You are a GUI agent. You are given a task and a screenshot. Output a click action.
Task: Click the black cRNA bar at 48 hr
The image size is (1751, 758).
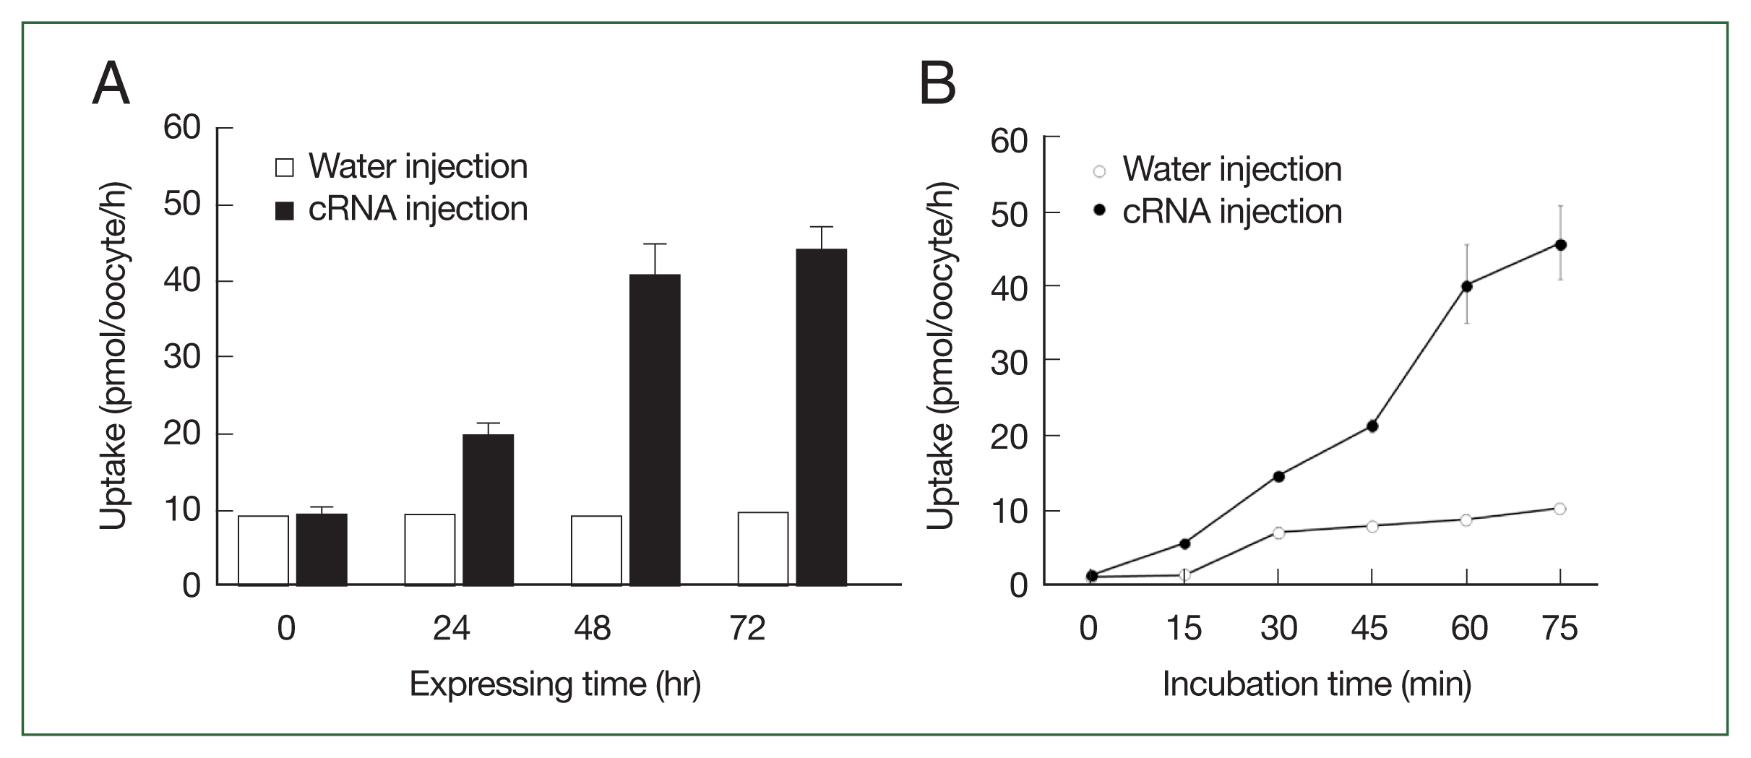point(655,430)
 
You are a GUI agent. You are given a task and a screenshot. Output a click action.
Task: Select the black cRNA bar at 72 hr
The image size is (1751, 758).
point(821,417)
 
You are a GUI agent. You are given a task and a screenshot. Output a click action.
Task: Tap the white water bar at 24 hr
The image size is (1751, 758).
point(430,549)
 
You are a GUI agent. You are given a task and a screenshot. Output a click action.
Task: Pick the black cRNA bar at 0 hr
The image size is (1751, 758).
point(322,549)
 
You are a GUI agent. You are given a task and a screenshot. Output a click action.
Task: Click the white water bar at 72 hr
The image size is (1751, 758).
point(763,548)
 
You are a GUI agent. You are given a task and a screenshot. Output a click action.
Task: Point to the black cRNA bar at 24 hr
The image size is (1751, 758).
point(488,509)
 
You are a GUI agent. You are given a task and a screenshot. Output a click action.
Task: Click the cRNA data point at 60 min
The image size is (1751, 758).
point(1466,286)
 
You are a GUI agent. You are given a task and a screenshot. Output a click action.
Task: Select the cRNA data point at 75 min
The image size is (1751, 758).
point(1560,245)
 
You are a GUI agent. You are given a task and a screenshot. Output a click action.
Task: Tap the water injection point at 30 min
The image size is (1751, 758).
point(1278,533)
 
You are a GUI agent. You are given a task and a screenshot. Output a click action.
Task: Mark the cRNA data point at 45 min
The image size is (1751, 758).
point(1372,426)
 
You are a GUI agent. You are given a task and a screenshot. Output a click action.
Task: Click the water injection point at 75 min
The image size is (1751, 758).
point(1559,509)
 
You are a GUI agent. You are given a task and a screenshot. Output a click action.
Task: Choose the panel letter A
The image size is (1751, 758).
point(111,84)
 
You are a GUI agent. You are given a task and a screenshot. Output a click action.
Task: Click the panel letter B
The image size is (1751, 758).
point(938,84)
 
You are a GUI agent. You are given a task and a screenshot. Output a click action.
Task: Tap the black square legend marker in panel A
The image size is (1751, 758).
point(285,211)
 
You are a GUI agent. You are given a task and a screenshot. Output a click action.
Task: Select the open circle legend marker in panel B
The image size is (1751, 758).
point(1099,172)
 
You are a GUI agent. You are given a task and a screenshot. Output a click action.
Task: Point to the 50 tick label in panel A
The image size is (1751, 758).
point(181,204)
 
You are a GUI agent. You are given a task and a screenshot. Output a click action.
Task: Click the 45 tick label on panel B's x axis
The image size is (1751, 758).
point(1369,629)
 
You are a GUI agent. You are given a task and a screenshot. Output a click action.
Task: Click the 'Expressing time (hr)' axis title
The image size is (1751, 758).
point(555,684)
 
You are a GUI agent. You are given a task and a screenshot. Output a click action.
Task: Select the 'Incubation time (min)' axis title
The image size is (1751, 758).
point(1317,684)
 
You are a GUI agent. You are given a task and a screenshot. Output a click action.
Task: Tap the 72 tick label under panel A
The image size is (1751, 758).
point(747,629)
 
